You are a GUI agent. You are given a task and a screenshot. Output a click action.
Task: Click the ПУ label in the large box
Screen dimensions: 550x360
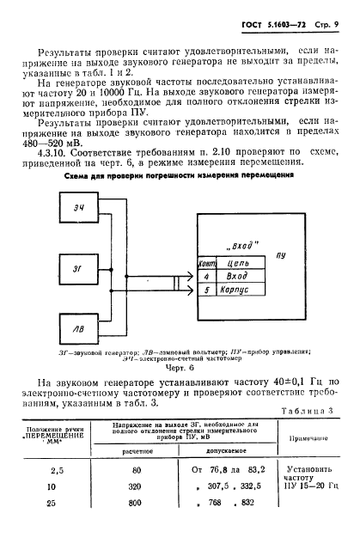point(281,255)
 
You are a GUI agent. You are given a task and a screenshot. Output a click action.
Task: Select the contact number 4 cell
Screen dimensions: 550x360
point(205,277)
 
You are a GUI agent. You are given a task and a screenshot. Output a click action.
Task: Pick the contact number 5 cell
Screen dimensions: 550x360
point(205,291)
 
